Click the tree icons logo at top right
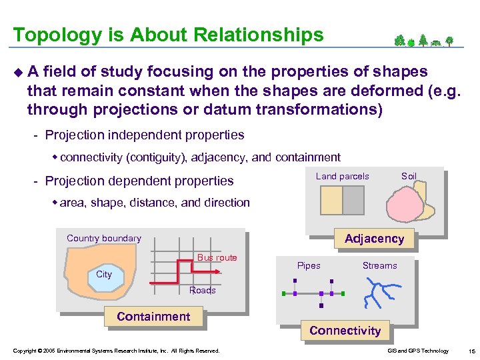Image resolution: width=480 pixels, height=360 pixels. (x=423, y=41)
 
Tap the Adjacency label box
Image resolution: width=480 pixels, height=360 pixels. (x=374, y=239)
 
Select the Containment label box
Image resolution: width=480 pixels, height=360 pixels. (x=153, y=317)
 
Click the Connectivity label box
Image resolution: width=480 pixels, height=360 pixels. (x=345, y=331)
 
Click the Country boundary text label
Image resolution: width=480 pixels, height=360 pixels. (x=104, y=239)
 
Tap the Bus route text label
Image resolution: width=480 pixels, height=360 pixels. (x=217, y=257)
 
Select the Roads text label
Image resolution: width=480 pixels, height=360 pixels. (x=202, y=290)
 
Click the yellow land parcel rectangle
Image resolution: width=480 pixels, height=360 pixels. (x=331, y=200)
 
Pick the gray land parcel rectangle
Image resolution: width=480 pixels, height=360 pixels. (x=353, y=200)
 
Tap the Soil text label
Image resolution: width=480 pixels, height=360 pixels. (x=409, y=177)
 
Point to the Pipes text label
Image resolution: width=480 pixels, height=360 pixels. (x=309, y=266)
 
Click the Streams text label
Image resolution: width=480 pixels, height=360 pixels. (x=379, y=266)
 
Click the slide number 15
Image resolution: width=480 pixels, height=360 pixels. (x=471, y=351)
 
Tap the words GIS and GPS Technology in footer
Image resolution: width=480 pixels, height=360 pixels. (x=417, y=351)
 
